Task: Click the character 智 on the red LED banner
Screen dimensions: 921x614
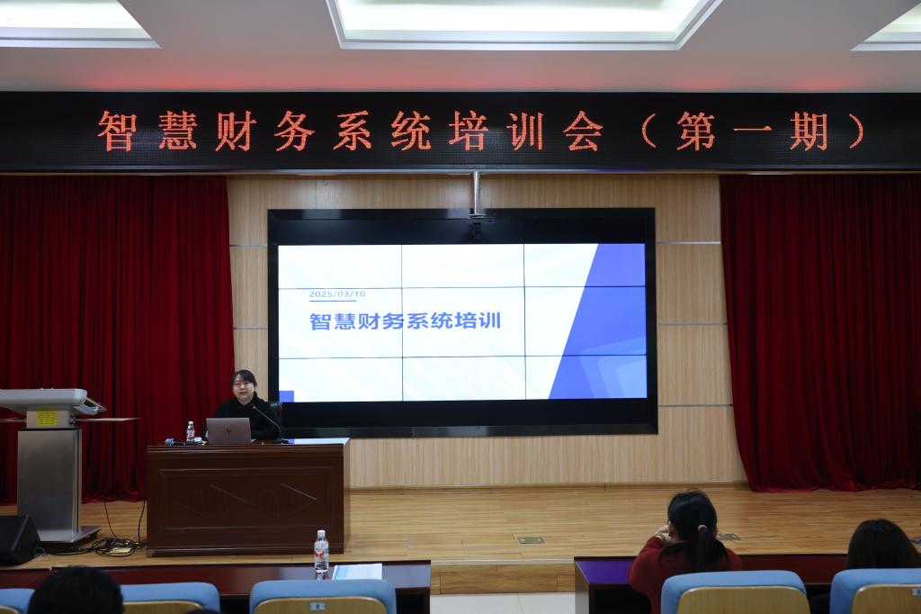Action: pyautogui.click(x=118, y=131)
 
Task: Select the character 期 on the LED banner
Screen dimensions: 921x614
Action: pyautogui.click(x=809, y=131)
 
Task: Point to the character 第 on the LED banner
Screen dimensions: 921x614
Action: pyautogui.click(x=696, y=131)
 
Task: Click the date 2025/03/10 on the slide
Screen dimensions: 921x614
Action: pyautogui.click(x=337, y=293)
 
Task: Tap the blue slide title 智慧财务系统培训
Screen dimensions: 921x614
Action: pyautogui.click(x=406, y=321)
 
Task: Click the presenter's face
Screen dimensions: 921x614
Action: pyautogui.click(x=242, y=386)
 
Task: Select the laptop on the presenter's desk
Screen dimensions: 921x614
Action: pyautogui.click(x=229, y=430)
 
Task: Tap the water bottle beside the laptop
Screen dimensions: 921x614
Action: pyautogui.click(x=191, y=431)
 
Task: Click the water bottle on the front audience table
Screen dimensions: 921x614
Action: pyautogui.click(x=321, y=552)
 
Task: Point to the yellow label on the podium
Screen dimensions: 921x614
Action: pyautogui.click(x=46, y=418)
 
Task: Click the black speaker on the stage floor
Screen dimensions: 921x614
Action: pyautogui.click(x=18, y=539)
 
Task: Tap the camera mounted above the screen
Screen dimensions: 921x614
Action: pyautogui.click(x=477, y=227)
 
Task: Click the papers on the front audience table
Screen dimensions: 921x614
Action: pyautogui.click(x=357, y=571)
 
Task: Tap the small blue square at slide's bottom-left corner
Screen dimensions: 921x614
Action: pyautogui.click(x=286, y=396)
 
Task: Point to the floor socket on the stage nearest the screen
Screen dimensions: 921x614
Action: pyautogui.click(x=531, y=540)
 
